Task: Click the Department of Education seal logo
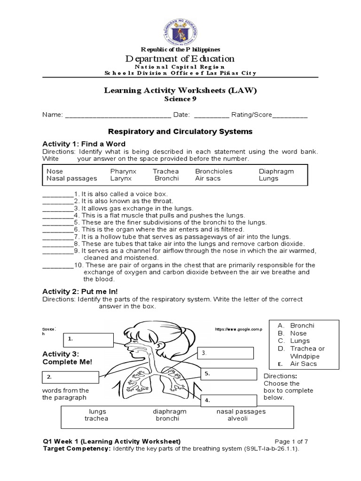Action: pyautogui.click(x=180, y=28)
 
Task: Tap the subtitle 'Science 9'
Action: pyautogui.click(x=180, y=99)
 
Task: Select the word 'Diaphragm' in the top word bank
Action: pyautogui.click(x=276, y=171)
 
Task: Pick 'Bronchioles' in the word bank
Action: pyautogui.click(x=213, y=171)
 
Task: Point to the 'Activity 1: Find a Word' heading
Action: pyautogui.click(x=84, y=143)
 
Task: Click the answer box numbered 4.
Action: pyautogui.click(x=229, y=400)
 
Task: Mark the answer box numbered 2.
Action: pyautogui.click(x=71, y=377)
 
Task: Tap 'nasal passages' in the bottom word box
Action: pyautogui.click(x=241, y=411)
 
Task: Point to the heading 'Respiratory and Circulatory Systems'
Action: pyautogui.click(x=180, y=132)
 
